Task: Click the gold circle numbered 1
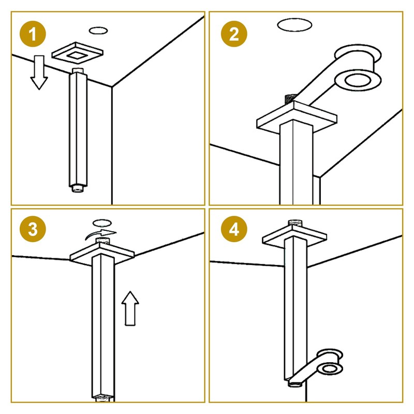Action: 33,34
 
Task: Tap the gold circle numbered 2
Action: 234,34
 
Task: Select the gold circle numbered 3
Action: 33,229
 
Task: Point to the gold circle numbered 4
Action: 234,229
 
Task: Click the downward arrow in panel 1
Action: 39,72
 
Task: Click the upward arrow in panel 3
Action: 130,308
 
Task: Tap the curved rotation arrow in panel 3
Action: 101,234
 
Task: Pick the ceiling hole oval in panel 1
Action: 98,31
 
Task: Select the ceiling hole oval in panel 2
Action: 294,25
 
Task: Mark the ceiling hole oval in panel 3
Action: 102,223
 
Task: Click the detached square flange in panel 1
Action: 77,53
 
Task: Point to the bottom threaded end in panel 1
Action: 77,188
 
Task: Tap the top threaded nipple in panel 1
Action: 78,71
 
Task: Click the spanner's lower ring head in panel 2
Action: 358,80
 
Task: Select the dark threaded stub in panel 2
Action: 290,99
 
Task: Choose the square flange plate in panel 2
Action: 297,117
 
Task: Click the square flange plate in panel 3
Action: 102,254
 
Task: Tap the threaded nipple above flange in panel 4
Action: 295,223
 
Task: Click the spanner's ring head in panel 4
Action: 330,368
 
